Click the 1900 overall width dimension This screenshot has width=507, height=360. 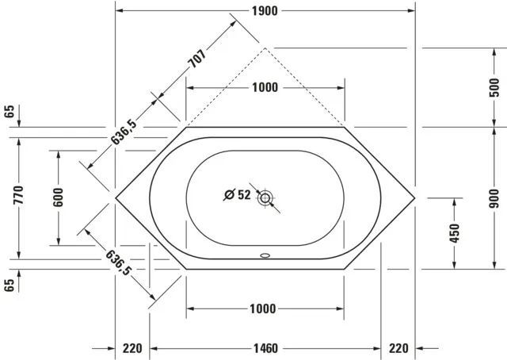(265, 10)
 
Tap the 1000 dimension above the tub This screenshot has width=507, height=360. (265, 87)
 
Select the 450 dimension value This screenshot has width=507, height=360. (454, 233)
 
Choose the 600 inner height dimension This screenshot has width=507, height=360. (58, 197)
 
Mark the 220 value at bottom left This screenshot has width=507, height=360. (132, 348)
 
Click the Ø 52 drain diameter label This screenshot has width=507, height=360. (237, 194)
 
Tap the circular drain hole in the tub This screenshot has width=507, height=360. (265, 197)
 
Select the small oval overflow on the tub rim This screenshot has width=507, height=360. (265, 256)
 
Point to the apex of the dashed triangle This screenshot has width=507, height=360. (265, 48)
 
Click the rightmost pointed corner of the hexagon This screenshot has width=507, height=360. (415, 195)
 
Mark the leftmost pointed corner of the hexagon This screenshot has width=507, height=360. (116, 195)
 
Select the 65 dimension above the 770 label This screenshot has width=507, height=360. (10, 111)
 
